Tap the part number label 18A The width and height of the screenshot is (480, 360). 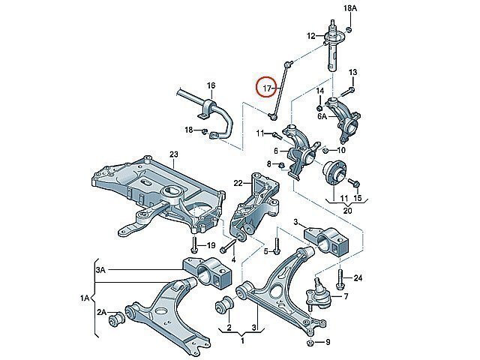coord(331,8)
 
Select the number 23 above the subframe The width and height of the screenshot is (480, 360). coord(173,155)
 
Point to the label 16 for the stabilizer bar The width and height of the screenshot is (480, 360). coord(211,85)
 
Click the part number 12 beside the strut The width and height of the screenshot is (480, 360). coord(310,36)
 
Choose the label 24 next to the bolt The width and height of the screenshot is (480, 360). coord(358,279)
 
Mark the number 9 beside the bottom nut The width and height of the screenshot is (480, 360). coord(327,343)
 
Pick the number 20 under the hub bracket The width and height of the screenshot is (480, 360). coord(347,211)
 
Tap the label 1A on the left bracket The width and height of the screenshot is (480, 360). coord(85,298)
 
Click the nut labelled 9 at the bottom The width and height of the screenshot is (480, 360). coord(310,343)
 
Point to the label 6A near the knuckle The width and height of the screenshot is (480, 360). coord(322,116)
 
